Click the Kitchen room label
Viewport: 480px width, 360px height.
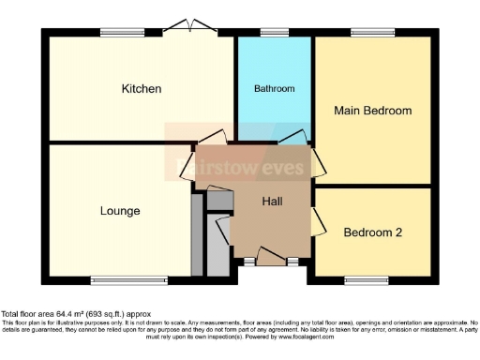[x=142, y=89]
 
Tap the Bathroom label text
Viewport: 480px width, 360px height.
[x=275, y=89]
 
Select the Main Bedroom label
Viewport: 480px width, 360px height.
[x=373, y=111]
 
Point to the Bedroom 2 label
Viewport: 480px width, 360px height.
[x=373, y=232]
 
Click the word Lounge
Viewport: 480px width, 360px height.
[x=120, y=211]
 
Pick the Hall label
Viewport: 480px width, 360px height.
[x=272, y=202]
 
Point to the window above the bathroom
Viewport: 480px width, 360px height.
[x=274, y=33]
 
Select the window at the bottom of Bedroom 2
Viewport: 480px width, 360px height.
[x=361, y=279]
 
